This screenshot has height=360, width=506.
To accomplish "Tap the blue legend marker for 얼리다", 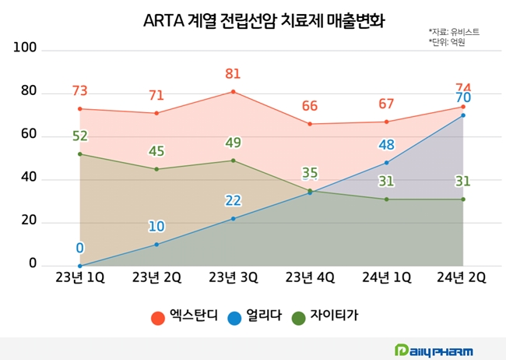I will pyautogui.click(x=234, y=318).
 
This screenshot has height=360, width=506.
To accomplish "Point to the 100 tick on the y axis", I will pyautogui.click(x=26, y=49).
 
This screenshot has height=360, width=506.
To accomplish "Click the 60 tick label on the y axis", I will pyautogui.click(x=28, y=135).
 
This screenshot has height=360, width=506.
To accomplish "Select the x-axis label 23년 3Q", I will pyautogui.click(x=233, y=277).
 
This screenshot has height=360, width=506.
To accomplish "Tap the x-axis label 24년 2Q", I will pyautogui.click(x=462, y=277).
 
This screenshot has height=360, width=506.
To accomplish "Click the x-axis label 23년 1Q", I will pyautogui.click(x=79, y=277).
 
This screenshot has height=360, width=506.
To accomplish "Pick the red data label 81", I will pyautogui.click(x=233, y=74).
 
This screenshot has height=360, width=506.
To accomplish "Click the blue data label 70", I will pyautogui.click(x=462, y=98).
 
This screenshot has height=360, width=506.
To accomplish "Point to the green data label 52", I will pyautogui.click(x=79, y=136).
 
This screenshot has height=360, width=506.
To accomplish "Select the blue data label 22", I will pyautogui.click(x=233, y=201).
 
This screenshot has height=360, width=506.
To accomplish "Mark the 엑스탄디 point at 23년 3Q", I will pyautogui.click(x=233, y=92).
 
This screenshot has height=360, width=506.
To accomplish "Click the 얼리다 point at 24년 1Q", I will pyautogui.click(x=386, y=163).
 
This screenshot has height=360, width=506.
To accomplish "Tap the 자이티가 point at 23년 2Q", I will pyautogui.click(x=156, y=169).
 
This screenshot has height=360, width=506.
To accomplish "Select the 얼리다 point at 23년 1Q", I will pyautogui.click(x=79, y=266).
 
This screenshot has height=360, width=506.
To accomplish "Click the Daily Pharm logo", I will pyautogui.click(x=434, y=350).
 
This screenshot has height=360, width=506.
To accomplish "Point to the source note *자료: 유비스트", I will pyautogui.click(x=454, y=32).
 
